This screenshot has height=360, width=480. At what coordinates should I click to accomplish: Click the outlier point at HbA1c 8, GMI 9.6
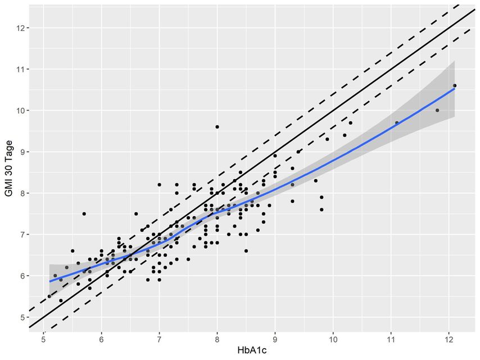pyautogui.click(x=217, y=127)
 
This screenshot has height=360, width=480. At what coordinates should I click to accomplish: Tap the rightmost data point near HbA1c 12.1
pyautogui.click(x=454, y=85)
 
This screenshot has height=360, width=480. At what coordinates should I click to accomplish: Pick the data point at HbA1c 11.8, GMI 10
pyautogui.click(x=437, y=110)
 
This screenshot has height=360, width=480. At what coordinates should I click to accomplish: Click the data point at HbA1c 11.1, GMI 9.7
pyautogui.click(x=396, y=122)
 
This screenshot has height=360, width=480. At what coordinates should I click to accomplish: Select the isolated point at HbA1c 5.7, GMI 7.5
pyautogui.click(x=84, y=213)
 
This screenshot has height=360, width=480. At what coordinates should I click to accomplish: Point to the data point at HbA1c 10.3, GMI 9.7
pyautogui.click(x=350, y=122)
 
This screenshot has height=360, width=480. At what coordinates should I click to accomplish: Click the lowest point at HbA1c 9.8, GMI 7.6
pyautogui.click(x=321, y=209)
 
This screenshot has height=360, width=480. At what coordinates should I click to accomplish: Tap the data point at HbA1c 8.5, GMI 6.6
pyautogui.click(x=246, y=251)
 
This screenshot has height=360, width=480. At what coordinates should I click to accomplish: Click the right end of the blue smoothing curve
pyautogui.click(x=454, y=89)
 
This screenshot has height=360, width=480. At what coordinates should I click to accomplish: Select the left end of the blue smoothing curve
pyautogui.click(x=49, y=281)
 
